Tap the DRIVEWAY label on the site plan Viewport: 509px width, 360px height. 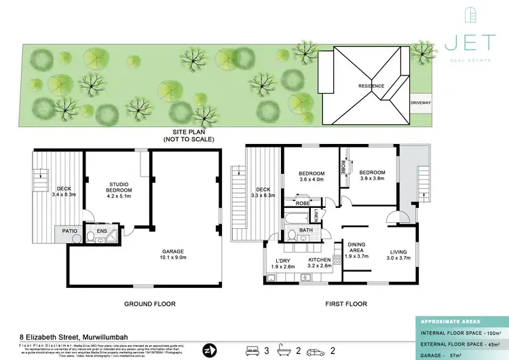(x=420, y=103)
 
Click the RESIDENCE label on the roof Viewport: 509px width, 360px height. (x=371, y=86)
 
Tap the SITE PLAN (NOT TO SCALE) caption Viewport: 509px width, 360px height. (x=188, y=135)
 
